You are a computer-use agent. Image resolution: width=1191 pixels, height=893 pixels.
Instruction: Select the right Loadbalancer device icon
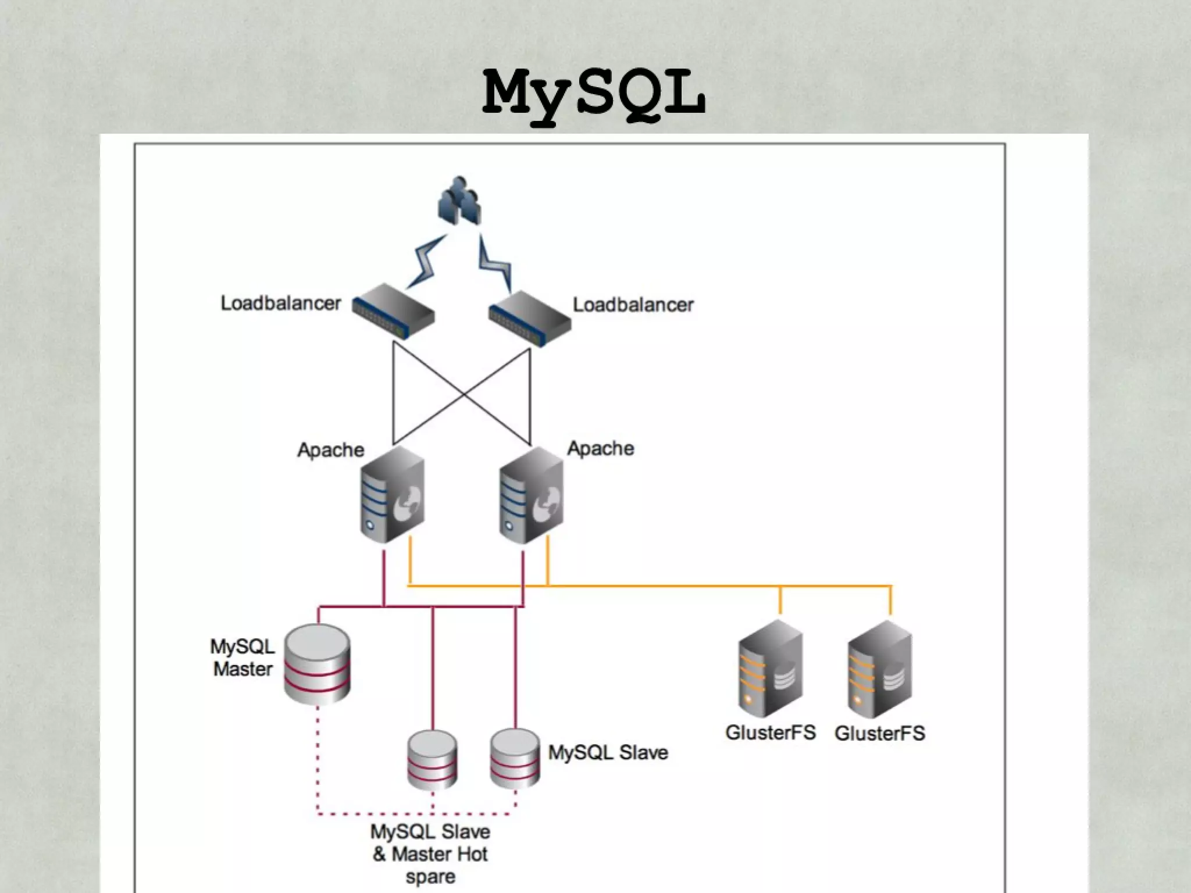(x=529, y=318)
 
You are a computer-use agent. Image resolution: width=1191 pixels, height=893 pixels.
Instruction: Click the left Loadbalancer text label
(x=280, y=303)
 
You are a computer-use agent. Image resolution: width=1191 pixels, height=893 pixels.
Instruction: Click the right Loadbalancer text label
(x=633, y=305)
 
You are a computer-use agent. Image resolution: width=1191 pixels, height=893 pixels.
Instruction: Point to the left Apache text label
(x=330, y=449)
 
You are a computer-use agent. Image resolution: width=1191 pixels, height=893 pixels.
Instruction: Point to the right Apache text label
(x=600, y=448)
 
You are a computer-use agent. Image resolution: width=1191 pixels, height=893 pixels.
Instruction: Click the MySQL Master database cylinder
(x=317, y=664)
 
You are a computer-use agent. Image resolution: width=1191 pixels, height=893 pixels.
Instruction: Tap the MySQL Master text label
(x=243, y=658)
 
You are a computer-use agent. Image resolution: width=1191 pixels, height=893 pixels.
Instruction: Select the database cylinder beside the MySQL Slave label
(x=515, y=758)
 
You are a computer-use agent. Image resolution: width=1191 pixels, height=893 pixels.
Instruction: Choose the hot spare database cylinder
(x=432, y=759)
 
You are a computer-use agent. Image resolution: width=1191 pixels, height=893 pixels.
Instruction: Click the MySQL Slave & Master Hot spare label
(x=430, y=854)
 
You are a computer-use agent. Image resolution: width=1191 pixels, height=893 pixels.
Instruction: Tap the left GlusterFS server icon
(x=771, y=668)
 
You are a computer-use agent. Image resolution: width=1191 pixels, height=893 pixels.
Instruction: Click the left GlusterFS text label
(x=771, y=733)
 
